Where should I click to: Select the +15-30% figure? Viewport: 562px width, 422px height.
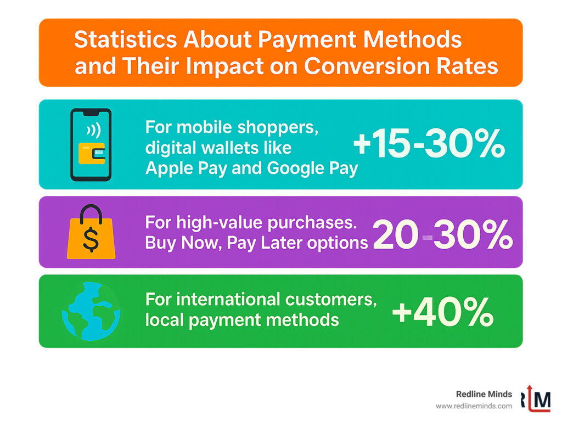(x=428, y=145)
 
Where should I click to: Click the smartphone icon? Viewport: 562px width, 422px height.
(x=91, y=144)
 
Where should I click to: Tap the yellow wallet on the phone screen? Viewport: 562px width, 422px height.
(x=91, y=154)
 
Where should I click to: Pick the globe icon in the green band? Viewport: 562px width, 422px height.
(x=91, y=311)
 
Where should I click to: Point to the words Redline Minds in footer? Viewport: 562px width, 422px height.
(x=484, y=394)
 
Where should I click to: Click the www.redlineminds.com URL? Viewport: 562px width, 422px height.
(x=474, y=406)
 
